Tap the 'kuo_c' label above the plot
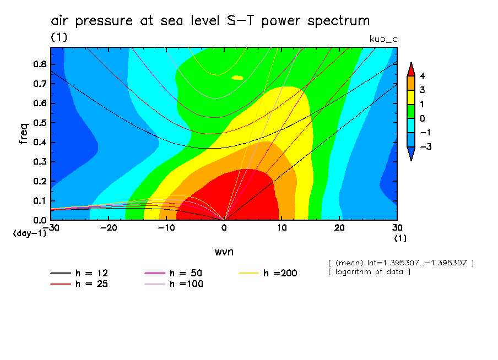click(x=383, y=39)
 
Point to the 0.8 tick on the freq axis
click(x=39, y=64)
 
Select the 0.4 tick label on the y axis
click(x=39, y=142)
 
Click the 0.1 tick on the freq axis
click(x=39, y=200)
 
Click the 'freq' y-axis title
click(x=24, y=134)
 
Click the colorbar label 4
click(x=422, y=76)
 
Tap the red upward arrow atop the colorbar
click(x=410, y=68)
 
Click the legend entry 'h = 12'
click(x=83, y=273)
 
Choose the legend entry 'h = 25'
click(x=83, y=284)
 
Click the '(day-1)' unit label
click(x=29, y=233)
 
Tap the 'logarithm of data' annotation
click(x=369, y=272)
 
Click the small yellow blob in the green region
click(x=237, y=78)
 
